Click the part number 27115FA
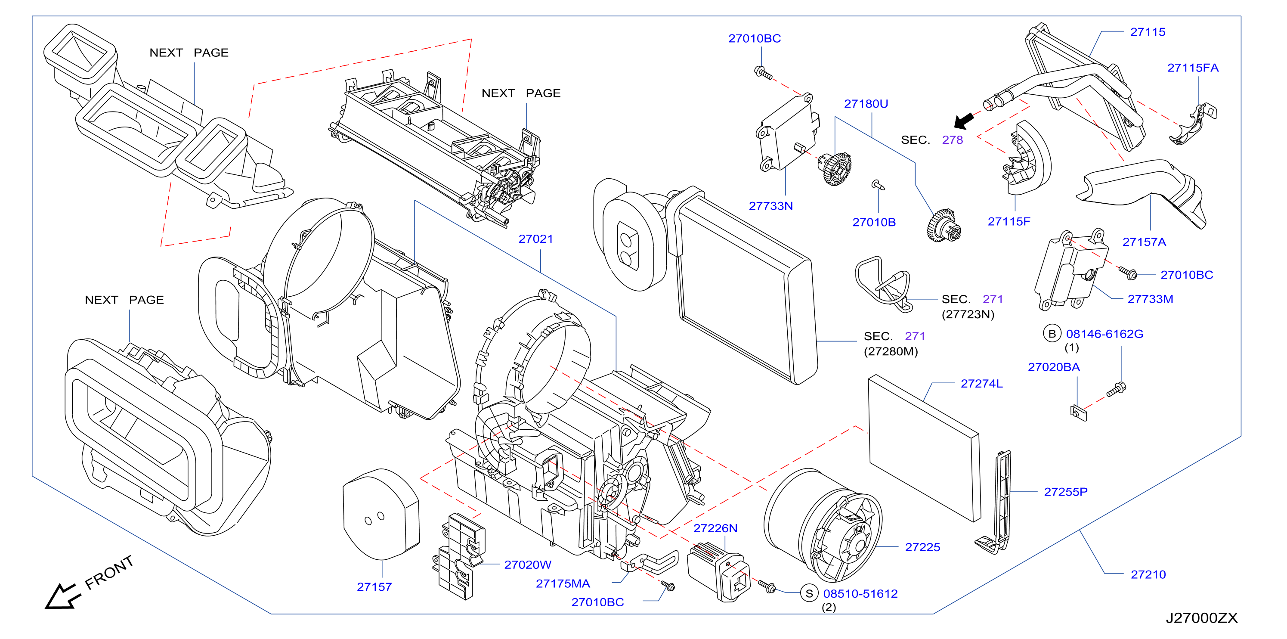tap(1193, 68)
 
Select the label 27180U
tap(866, 104)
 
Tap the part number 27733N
tap(770, 206)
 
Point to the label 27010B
tap(874, 222)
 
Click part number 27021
tap(535, 239)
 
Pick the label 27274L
tap(981, 384)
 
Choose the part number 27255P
tap(1066, 492)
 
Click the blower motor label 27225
tap(922, 548)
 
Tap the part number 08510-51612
tap(860, 594)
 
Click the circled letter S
tap(809, 593)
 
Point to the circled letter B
tap(1052, 334)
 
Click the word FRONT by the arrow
tap(109, 573)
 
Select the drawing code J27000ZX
tap(1202, 618)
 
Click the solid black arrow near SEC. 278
tap(964, 121)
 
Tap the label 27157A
tap(1144, 242)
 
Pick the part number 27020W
tap(528, 565)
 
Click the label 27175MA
tap(563, 584)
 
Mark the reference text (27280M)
tap(891, 352)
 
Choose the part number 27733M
tap(1150, 299)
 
